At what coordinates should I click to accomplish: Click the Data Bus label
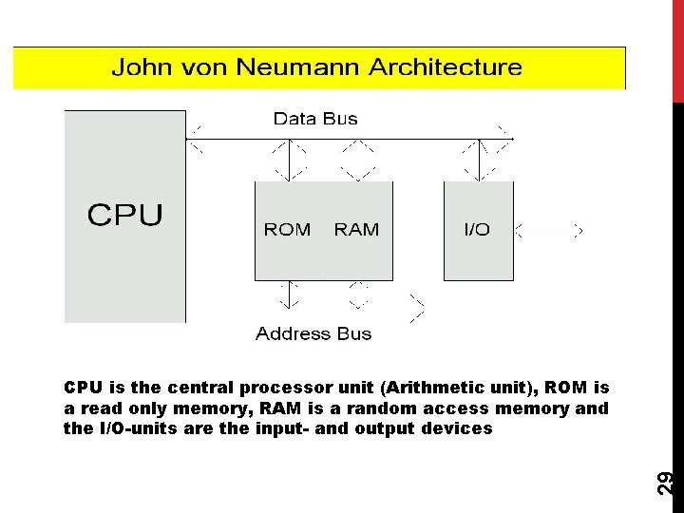[315, 119]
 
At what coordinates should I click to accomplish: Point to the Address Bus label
[313, 333]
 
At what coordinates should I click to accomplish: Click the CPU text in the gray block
[125, 216]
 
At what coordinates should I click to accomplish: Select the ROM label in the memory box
[287, 230]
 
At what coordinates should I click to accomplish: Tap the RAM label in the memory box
[356, 230]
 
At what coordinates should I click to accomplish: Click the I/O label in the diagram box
[477, 230]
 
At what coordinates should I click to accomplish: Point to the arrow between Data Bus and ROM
[290, 160]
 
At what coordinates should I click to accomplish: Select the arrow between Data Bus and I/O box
[481, 160]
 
